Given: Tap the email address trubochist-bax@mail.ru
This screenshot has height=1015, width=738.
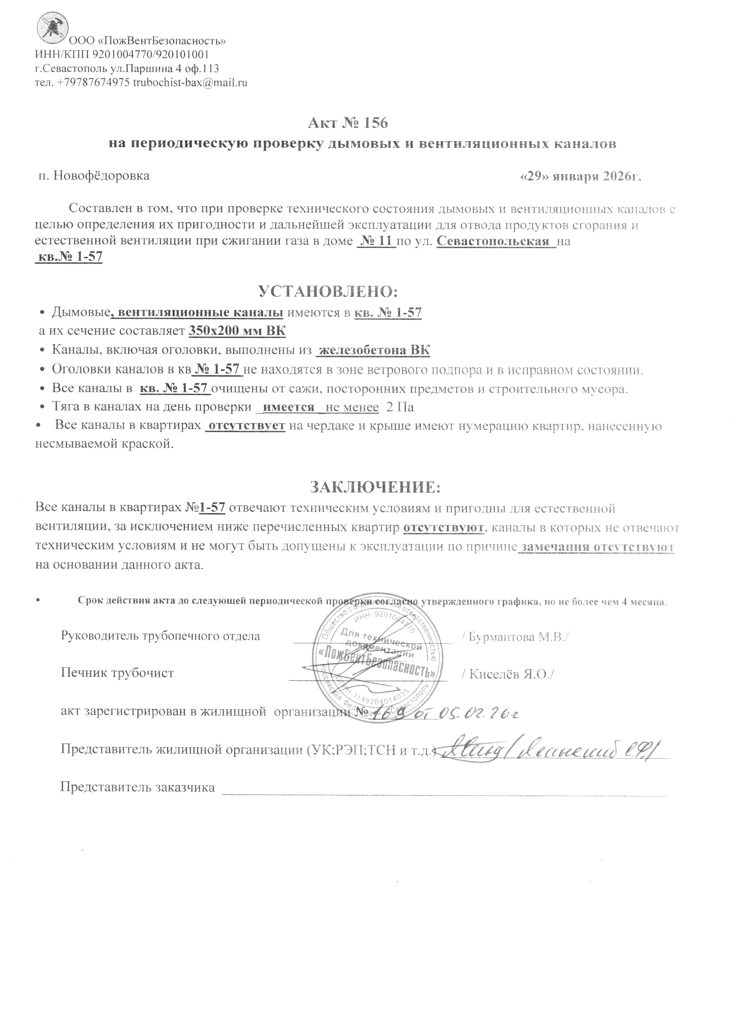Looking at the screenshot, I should click(191, 83).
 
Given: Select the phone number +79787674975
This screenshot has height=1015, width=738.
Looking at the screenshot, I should click(94, 83).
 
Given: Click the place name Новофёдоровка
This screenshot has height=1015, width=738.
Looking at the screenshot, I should click(101, 176).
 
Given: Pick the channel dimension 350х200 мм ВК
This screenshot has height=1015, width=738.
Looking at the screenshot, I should click(237, 331).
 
